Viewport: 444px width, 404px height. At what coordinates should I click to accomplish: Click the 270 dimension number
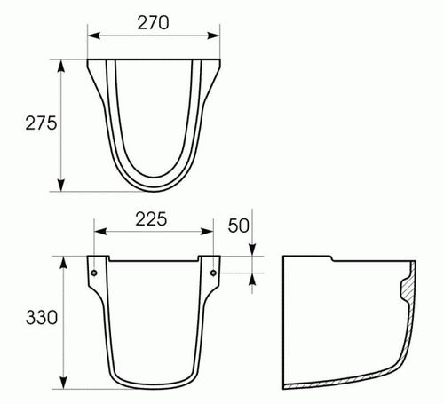click(x=153, y=23)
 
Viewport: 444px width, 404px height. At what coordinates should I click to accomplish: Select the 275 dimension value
click(x=41, y=123)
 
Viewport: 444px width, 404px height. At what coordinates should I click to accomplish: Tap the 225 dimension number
click(x=151, y=219)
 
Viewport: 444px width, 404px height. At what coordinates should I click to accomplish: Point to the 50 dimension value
click(x=238, y=226)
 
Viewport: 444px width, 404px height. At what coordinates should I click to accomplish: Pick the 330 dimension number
click(x=42, y=318)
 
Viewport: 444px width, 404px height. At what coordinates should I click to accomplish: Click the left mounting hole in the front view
click(x=94, y=273)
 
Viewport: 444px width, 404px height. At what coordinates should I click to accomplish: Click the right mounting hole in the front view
click(x=213, y=273)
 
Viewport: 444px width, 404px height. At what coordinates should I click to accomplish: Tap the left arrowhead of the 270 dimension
click(x=94, y=36)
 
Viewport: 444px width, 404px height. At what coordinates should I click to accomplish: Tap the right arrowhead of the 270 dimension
click(x=214, y=36)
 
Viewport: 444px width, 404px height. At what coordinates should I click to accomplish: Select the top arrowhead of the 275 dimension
click(x=61, y=66)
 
